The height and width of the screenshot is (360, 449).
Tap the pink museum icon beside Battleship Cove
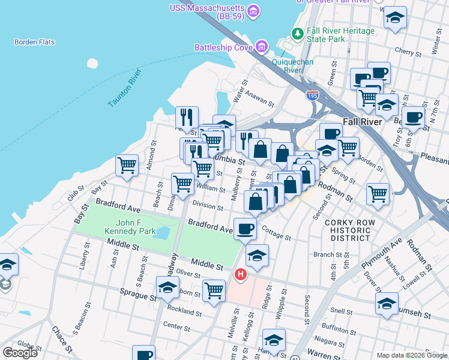(261, 46)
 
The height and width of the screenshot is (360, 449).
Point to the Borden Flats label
(34, 42)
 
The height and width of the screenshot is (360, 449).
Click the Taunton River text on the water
(124, 88)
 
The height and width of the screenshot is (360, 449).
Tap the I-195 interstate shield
(312, 95)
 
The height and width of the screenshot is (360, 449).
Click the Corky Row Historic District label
(350, 230)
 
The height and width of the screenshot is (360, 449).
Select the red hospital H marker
(241, 275)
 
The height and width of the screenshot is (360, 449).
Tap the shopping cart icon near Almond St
(127, 165)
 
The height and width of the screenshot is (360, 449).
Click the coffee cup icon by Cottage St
(245, 228)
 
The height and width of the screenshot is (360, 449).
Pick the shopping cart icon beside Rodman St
(378, 193)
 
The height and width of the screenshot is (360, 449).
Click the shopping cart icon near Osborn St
(214, 290)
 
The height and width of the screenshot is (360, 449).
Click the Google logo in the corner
(20, 353)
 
